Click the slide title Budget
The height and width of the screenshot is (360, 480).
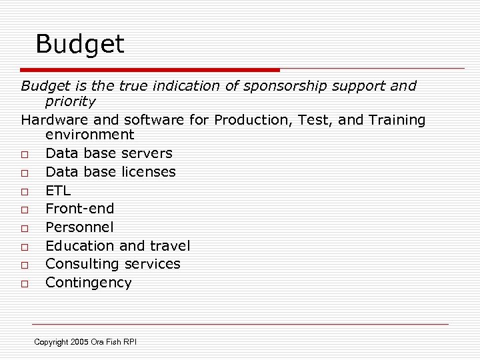pos(79,45)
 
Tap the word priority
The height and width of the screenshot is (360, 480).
pos(70,101)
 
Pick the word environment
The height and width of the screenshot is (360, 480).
pos(89,135)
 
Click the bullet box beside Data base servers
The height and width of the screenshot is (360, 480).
pos(24,154)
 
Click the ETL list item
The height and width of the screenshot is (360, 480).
pos(58,191)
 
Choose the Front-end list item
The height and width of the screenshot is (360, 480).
pos(79,209)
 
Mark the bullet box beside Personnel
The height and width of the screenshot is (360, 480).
pos(24,228)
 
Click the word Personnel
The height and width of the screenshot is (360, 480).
pos(79,227)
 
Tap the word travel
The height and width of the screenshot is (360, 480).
pos(169,246)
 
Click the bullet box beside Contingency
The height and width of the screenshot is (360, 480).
pos(24,283)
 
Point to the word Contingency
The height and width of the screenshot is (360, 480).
pos(88,283)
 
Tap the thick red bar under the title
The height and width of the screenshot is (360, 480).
pos(150,69)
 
